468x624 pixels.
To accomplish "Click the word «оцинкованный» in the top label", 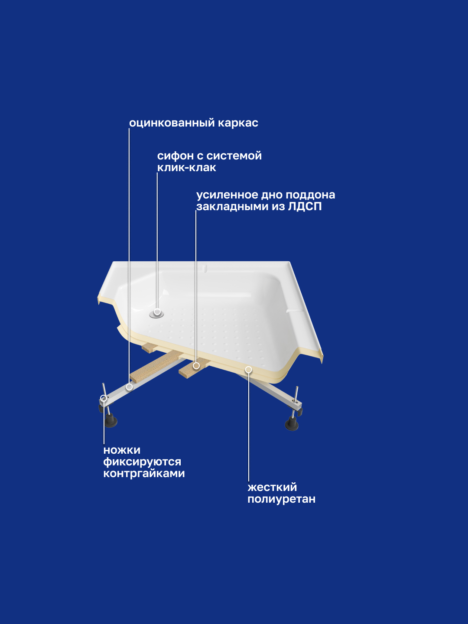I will pos(172,123).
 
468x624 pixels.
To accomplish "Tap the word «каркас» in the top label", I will pos(238,123).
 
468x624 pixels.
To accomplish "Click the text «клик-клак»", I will pos(186,168).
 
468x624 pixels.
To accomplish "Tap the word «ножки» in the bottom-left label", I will pos(122,450).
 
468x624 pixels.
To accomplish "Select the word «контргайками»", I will pos(144,474).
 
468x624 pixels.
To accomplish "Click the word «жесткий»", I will pos(272,487).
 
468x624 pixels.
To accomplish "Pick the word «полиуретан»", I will pos(281,499).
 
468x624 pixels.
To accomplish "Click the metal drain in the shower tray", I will pos(157,313).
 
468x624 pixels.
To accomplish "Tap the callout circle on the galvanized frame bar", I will pos(129,387).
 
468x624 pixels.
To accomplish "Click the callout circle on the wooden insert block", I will pos(196,366).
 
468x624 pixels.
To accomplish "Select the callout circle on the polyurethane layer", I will pos(248,370).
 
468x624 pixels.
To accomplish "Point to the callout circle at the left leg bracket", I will pos(104,398).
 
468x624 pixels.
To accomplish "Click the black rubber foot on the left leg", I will pos(111,421).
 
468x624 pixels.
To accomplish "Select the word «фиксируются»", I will pos(142,462).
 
